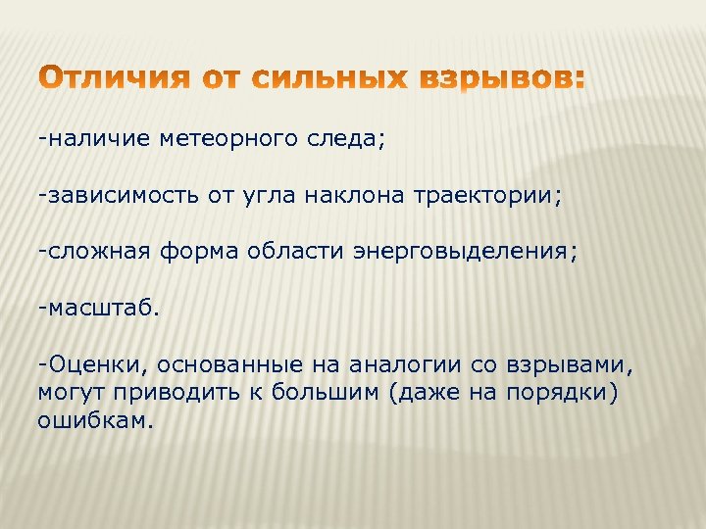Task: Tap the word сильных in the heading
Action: pos(328,78)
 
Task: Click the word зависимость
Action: pos(119,195)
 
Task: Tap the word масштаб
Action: pos(99,309)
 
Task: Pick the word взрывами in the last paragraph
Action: pos(572,365)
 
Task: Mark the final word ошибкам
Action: pos(95,420)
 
